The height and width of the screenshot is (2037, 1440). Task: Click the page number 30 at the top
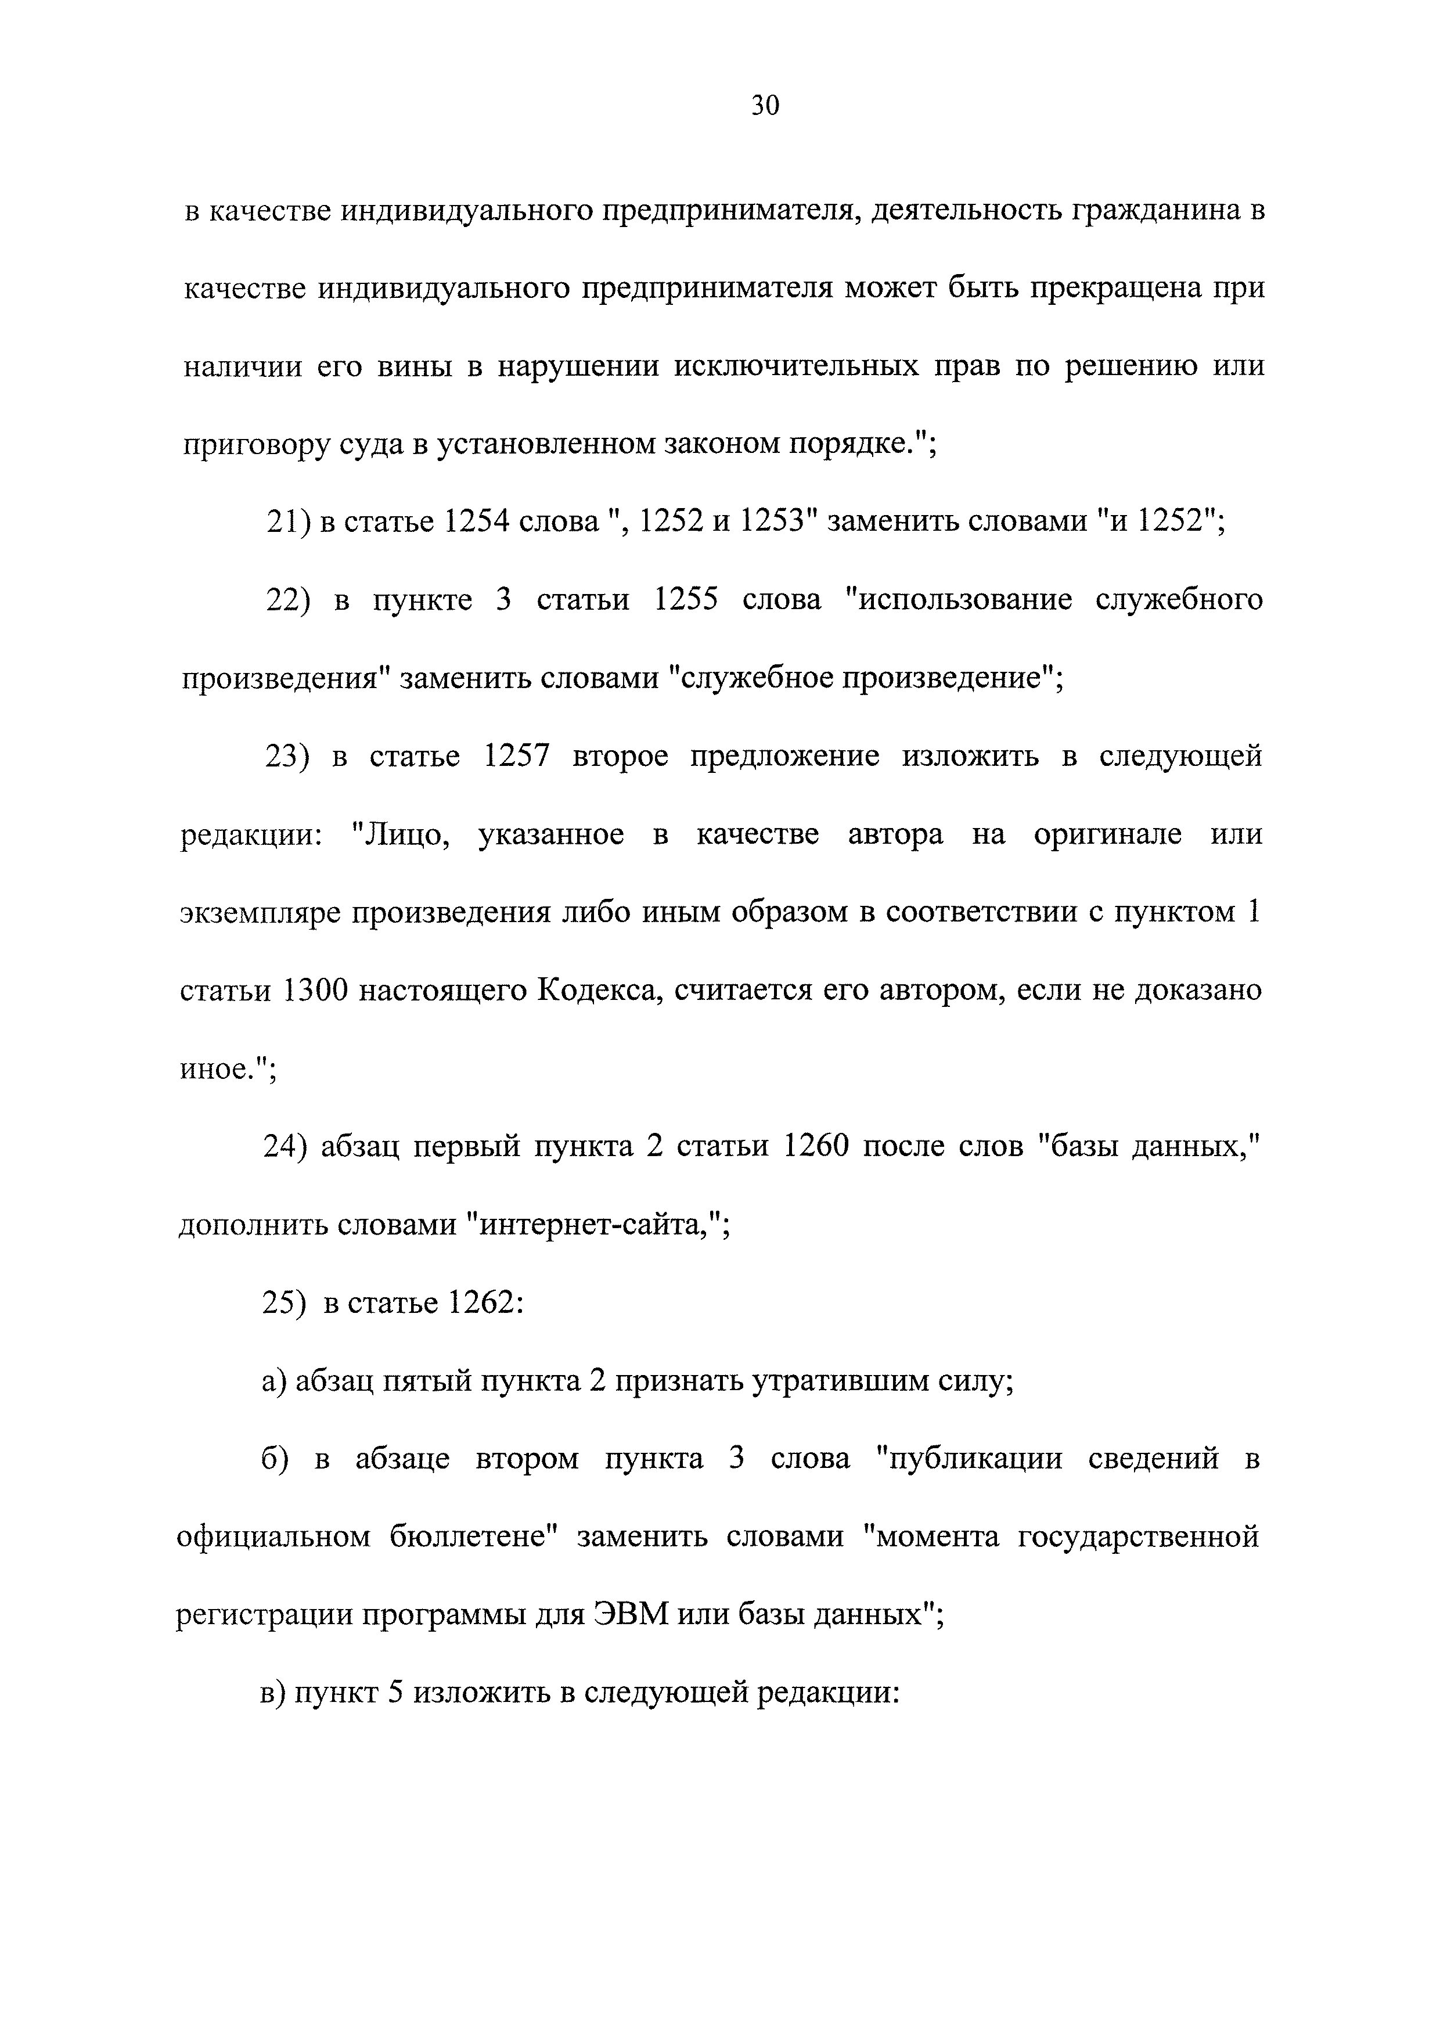(765, 106)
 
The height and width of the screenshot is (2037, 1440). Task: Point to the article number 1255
(685, 600)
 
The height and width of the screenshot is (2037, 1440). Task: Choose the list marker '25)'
(284, 1304)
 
